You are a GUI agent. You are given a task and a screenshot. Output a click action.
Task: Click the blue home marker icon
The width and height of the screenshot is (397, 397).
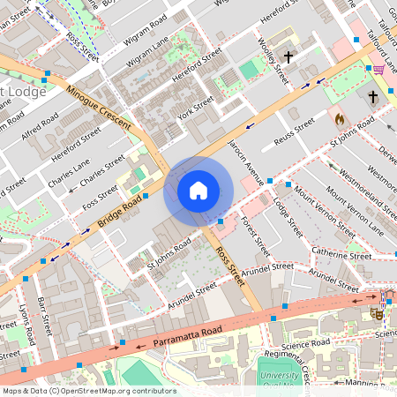pos(198,190)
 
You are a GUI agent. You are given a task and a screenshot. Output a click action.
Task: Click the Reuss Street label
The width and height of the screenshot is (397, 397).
pos(293,130)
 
